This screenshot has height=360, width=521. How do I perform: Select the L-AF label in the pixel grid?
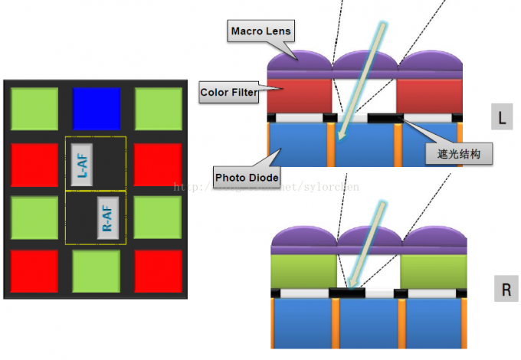[84, 164]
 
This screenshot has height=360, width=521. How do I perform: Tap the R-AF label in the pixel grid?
[108, 218]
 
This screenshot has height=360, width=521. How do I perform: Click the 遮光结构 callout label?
[458, 154]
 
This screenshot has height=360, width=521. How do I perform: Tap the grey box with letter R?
[506, 290]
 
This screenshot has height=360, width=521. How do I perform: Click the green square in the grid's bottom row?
[97, 271]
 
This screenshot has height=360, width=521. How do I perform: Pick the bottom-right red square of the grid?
[158, 271]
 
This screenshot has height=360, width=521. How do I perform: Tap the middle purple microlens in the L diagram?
[364, 63]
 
